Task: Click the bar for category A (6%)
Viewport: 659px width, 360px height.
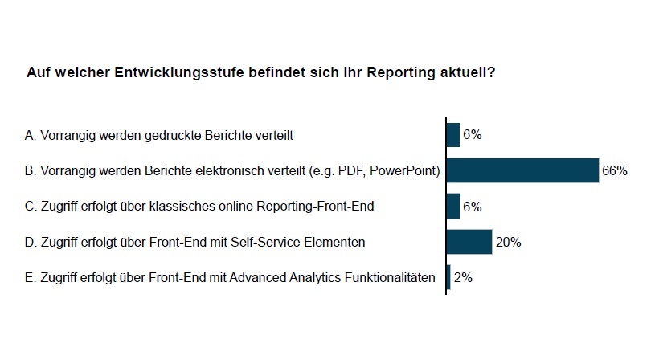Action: coord(453,135)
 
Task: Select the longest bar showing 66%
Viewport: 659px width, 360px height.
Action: coord(522,170)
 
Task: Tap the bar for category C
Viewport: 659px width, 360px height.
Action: coord(453,207)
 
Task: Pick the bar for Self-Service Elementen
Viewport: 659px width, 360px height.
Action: coord(469,242)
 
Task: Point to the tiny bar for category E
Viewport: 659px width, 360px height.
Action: coord(448,277)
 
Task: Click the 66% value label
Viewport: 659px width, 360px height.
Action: coord(615,170)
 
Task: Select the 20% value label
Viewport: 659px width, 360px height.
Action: coord(508,242)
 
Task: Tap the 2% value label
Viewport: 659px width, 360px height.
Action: coord(463,277)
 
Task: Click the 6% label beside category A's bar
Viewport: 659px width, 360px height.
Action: coord(473,135)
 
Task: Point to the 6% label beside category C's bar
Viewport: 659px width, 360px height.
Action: coord(473,207)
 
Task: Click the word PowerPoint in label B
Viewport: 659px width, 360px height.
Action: coord(404,171)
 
